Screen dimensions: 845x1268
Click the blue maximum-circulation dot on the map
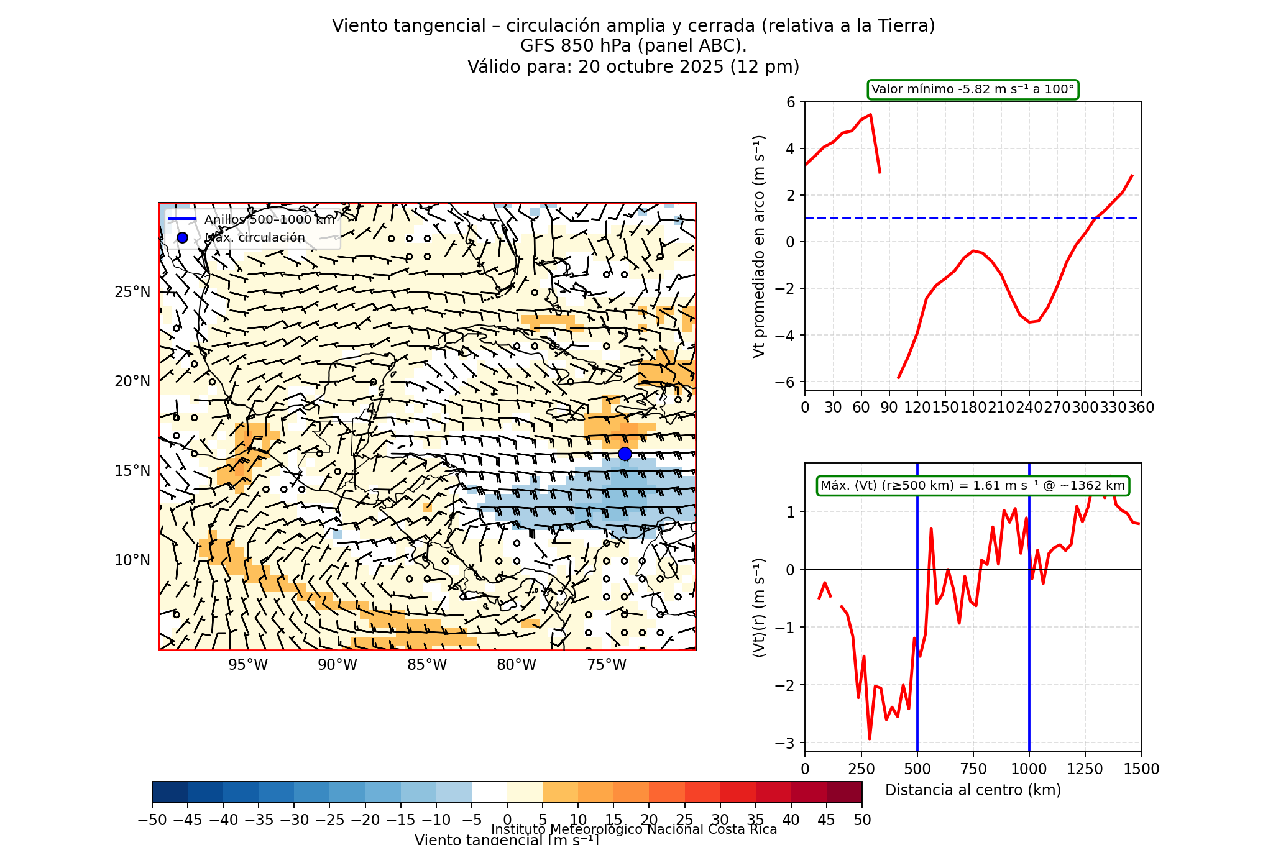(625, 454)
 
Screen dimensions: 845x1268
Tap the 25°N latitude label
(132, 292)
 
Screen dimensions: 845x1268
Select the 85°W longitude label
(427, 665)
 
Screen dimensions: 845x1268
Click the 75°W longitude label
(607, 665)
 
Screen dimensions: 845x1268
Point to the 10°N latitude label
(132, 560)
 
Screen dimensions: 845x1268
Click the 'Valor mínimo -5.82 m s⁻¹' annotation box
(972, 89)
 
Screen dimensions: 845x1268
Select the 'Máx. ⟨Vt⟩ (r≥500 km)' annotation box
(972, 486)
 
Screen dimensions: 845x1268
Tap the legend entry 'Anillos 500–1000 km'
(270, 220)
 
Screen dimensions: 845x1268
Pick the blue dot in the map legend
(182, 238)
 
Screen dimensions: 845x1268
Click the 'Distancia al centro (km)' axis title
(973, 790)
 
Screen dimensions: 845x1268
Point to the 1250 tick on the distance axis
(1085, 769)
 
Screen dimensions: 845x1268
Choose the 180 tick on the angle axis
(973, 408)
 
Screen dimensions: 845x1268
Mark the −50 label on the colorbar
(152, 820)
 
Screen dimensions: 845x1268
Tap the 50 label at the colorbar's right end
(862, 820)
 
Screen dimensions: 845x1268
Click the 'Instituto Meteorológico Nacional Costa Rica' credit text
(634, 829)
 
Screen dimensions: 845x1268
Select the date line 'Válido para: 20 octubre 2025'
(633, 66)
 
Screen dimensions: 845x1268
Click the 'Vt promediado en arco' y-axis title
(758, 247)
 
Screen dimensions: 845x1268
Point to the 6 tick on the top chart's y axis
(791, 102)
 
